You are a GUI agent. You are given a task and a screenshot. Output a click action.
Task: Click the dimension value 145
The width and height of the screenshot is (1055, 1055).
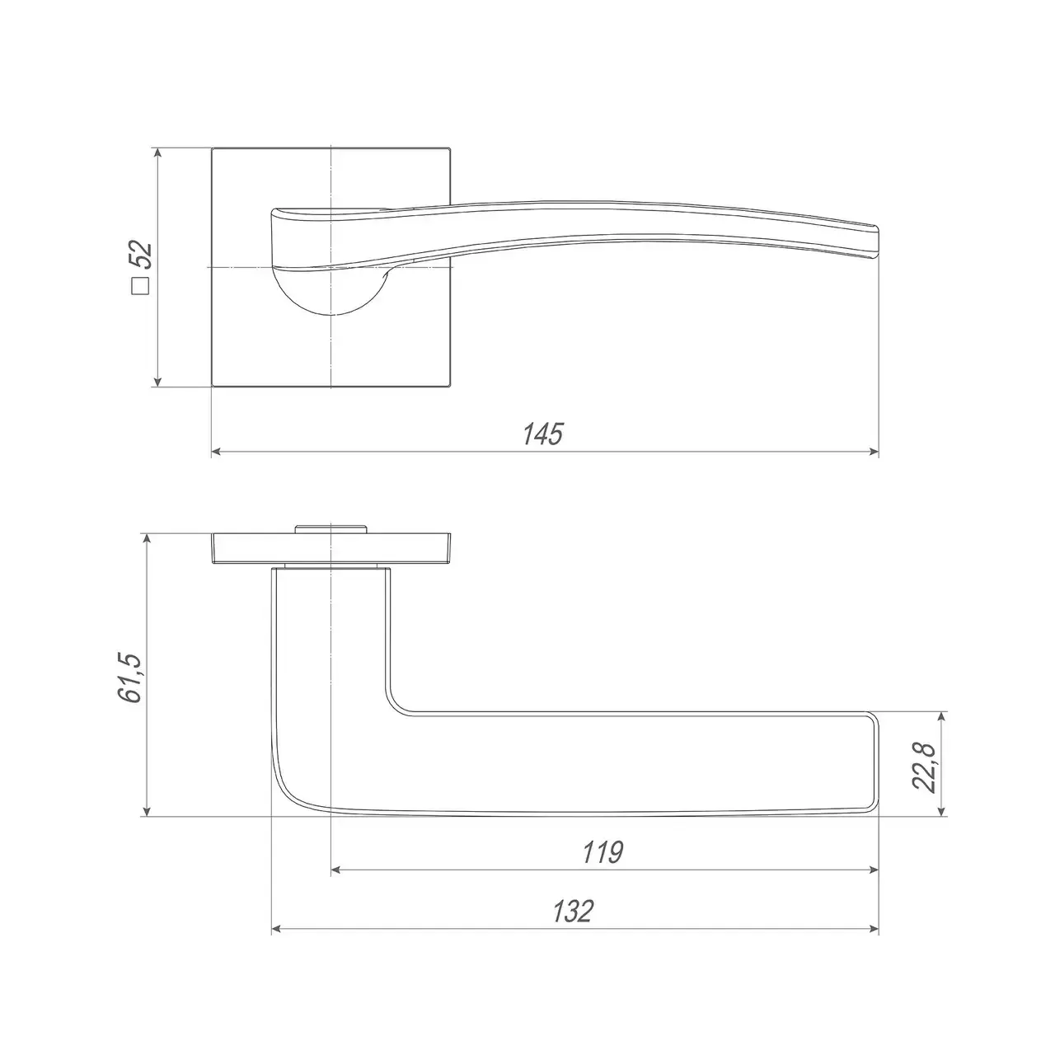[x=542, y=434]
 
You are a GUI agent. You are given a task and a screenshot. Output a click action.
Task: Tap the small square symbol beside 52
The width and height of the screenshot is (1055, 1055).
[x=141, y=286]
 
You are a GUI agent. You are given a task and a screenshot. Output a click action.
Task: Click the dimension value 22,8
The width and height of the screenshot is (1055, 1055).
[x=925, y=767]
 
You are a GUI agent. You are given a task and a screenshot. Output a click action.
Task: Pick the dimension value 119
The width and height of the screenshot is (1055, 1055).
[x=603, y=852]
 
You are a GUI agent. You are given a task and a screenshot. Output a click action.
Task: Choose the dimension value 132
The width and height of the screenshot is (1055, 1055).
[x=573, y=911]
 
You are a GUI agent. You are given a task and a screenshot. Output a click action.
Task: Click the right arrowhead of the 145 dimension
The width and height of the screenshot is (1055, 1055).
[x=874, y=452]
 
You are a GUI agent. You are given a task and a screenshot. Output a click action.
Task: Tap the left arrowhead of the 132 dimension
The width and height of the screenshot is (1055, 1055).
[x=277, y=929]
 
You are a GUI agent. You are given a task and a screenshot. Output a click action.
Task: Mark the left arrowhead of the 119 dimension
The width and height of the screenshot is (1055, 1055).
[x=337, y=870]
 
